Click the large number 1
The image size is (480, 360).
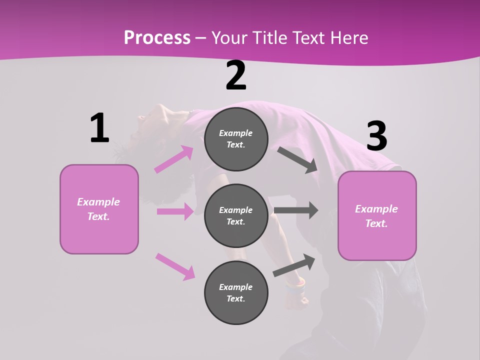pyautogui.click(x=99, y=128)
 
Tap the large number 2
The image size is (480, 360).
pyautogui.click(x=236, y=75)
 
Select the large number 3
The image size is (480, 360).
pyautogui.click(x=376, y=136)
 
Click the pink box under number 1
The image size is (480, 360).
pyautogui.click(x=99, y=209)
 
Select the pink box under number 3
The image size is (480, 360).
pyautogui.click(x=377, y=216)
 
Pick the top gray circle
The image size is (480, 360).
pyautogui.click(x=236, y=139)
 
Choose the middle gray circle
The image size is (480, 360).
pyautogui.click(x=236, y=216)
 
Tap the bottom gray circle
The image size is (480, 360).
pyautogui.click(x=236, y=292)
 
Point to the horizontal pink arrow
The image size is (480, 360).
pyautogui.click(x=175, y=211)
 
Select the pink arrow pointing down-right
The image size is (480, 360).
pyautogui.click(x=175, y=266)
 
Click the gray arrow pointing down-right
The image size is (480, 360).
pyautogui.click(x=297, y=159)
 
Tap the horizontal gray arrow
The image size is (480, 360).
pyautogui.click(x=296, y=210)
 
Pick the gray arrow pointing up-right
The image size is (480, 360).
pyautogui.click(x=294, y=265)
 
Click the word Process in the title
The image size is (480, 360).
pyautogui.click(x=157, y=37)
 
